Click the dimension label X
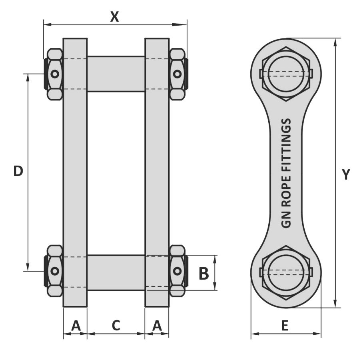tap(115, 16)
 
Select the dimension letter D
tap(18, 171)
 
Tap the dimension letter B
tap(203, 274)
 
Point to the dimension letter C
tap(116, 326)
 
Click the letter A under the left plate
tap(75, 326)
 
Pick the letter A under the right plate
tap(157, 326)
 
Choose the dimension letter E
tap(285, 326)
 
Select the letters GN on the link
tap(286, 221)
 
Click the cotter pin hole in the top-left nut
tap(55, 74)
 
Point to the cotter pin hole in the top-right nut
tap(177, 74)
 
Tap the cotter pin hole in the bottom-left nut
tap(55, 271)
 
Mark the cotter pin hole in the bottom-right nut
tap(177, 271)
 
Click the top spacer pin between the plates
tap(116, 74)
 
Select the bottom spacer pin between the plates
tap(116, 272)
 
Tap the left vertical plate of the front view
tap(75, 172)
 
